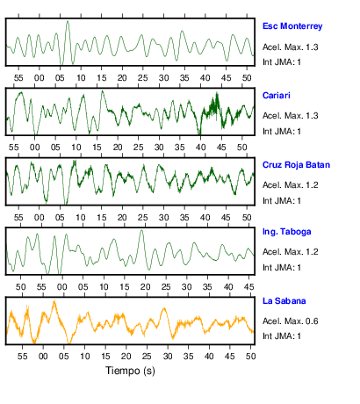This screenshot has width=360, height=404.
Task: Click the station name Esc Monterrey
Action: [x=292, y=26]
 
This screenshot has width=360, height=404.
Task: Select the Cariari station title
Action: [x=277, y=96]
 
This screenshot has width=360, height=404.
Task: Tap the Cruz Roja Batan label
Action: [x=296, y=165]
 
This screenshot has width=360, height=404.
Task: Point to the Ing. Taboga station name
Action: [x=287, y=232]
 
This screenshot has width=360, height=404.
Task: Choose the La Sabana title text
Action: [x=284, y=301]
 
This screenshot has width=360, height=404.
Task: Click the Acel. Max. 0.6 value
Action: [x=291, y=321]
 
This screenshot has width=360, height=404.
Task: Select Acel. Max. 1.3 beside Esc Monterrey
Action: [x=291, y=47]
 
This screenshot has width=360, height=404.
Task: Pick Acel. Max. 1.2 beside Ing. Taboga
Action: [x=291, y=252]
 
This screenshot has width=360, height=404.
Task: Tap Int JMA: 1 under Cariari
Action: [x=282, y=132]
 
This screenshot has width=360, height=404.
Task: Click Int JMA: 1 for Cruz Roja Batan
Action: [x=282, y=201]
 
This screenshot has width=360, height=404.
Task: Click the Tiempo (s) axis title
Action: [x=130, y=371]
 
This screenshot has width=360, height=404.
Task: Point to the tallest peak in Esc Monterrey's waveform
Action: [x=68, y=21]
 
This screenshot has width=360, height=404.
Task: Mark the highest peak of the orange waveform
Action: [x=54, y=301]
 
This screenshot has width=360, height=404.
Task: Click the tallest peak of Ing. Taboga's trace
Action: [x=141, y=231]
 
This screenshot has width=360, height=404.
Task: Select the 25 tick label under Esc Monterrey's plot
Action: [x=143, y=78]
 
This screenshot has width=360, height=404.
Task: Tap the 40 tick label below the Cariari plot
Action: [x=201, y=148]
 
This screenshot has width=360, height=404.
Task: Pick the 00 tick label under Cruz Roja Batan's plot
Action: [x=39, y=218]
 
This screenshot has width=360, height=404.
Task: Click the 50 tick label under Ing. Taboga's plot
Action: [x=21, y=287]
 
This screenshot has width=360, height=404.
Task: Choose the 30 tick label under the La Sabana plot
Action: [x=168, y=357]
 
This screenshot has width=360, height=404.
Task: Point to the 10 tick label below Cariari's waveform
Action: [x=76, y=148]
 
